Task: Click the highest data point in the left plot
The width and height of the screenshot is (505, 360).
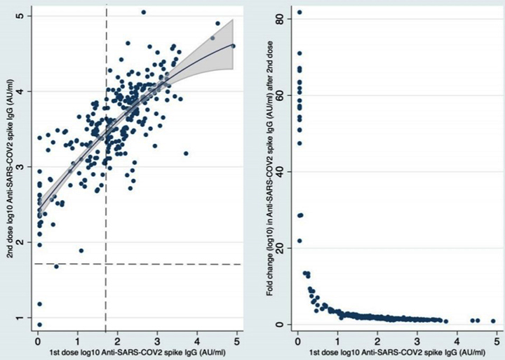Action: point(143,12)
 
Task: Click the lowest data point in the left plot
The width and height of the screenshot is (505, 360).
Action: point(39,324)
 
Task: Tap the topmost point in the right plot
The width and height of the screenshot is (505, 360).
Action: point(299,12)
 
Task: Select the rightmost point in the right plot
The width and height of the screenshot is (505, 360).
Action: point(494,321)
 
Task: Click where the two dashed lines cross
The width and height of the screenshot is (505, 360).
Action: point(106,264)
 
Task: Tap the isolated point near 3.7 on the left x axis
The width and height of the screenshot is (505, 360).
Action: point(186,153)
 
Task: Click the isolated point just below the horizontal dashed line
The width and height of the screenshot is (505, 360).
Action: point(56,267)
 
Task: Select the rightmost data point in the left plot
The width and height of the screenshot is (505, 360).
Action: point(234,46)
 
